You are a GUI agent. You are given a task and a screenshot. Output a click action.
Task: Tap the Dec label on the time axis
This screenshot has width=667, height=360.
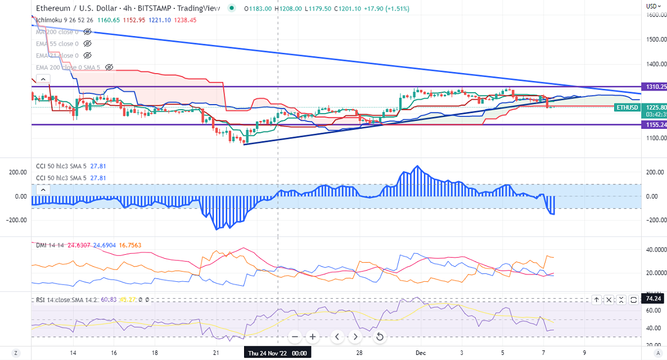point(420,353)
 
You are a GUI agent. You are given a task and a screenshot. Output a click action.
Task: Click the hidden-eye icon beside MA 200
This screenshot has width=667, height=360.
point(87,32)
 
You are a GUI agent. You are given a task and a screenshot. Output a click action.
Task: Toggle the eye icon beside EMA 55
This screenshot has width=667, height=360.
point(87,44)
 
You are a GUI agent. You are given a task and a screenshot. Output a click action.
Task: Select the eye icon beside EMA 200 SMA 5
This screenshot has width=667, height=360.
point(109,67)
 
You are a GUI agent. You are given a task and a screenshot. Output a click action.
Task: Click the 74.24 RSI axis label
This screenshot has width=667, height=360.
point(654,300)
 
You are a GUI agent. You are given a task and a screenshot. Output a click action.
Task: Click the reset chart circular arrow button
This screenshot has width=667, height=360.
point(380,337)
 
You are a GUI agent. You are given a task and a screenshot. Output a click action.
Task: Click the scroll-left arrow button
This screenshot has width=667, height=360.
point(336,337)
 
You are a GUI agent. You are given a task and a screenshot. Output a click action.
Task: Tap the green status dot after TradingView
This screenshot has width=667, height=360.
point(232,8)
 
